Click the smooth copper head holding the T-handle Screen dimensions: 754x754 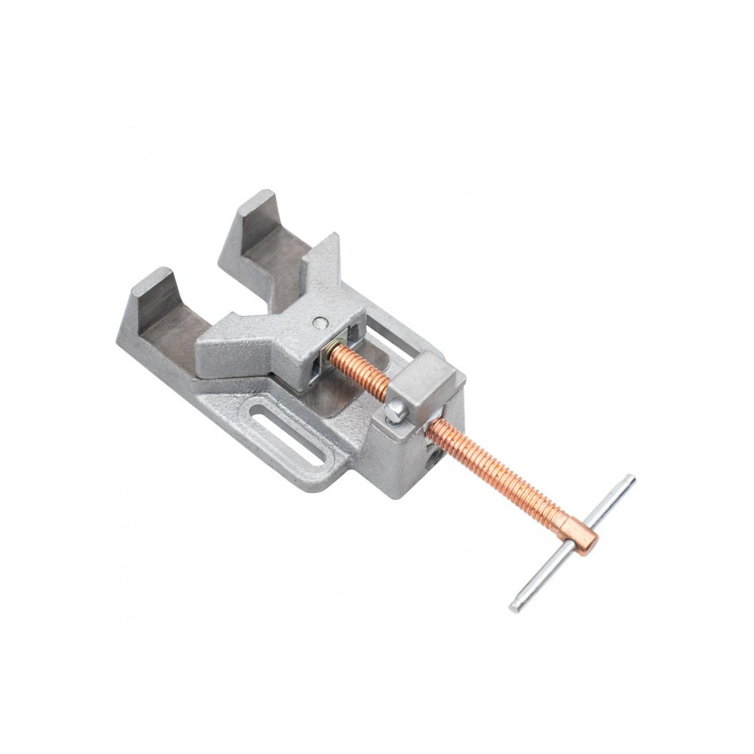click(x=581, y=533)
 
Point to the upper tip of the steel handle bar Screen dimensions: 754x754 click(x=630, y=479)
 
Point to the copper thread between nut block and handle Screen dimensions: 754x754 click(x=498, y=475)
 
